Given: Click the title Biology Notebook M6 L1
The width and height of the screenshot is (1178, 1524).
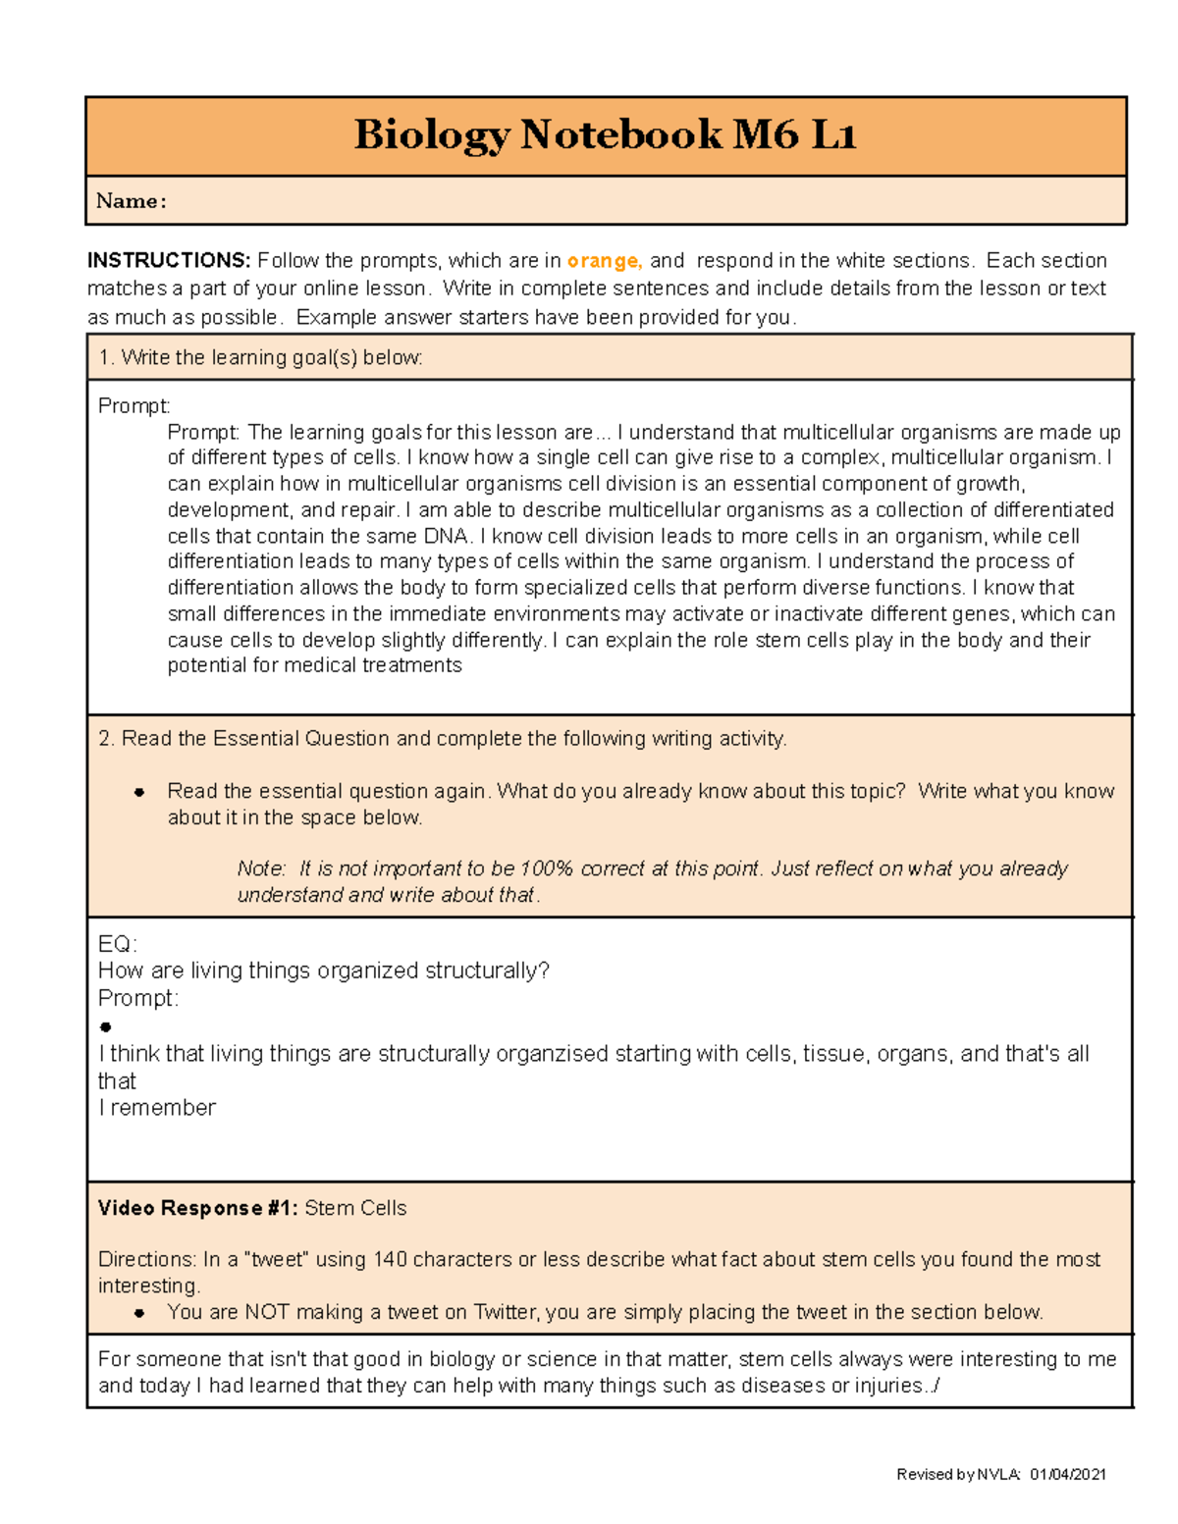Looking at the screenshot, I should pyautogui.click(x=605, y=134).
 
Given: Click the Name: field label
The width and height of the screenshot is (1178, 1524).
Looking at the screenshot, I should pyautogui.click(x=131, y=201).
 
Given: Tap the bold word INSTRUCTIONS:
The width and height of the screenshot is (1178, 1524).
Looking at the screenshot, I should pyautogui.click(x=169, y=261).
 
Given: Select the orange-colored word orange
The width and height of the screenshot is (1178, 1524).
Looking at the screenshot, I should pyautogui.click(x=604, y=261).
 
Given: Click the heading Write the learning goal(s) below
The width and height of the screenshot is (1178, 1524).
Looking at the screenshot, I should pyautogui.click(x=261, y=358).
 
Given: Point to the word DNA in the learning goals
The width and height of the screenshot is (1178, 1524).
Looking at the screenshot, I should pyautogui.click(x=445, y=536).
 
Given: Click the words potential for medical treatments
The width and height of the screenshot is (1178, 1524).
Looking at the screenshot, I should pyautogui.click(x=314, y=665).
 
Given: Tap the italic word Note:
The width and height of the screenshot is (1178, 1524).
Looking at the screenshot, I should pyautogui.click(x=261, y=868).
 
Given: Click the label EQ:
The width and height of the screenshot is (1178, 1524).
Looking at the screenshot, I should pyautogui.click(x=117, y=944).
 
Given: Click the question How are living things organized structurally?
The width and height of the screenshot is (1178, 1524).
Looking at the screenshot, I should pyautogui.click(x=323, y=971).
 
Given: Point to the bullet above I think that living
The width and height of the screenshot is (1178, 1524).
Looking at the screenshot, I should pyautogui.click(x=106, y=1027).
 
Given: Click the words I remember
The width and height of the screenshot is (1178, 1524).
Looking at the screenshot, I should pyautogui.click(x=157, y=1108).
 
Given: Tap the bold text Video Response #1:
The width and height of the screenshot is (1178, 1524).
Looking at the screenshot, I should pyautogui.click(x=197, y=1208).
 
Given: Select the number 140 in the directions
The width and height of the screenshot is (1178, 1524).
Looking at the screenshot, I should pyautogui.click(x=390, y=1260).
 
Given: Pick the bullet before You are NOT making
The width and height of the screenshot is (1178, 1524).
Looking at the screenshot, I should pyautogui.click(x=139, y=1313).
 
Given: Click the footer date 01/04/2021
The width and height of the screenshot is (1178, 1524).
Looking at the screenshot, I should pyautogui.click(x=1068, y=1474).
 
